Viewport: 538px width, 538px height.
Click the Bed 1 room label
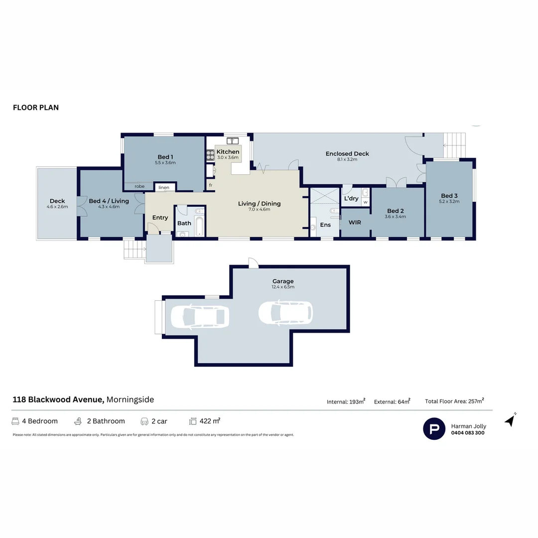(165, 157)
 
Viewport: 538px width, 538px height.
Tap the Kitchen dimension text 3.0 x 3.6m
(228, 157)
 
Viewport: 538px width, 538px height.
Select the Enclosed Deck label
(347, 153)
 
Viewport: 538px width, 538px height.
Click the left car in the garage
(200, 316)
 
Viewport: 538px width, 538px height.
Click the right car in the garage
(285, 312)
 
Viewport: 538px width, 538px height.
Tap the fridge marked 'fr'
(211, 185)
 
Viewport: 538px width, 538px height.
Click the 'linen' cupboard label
(164, 188)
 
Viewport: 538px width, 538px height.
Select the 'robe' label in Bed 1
(139, 186)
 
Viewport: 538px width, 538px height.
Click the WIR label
(355, 222)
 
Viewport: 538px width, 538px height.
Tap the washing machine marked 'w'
(365, 202)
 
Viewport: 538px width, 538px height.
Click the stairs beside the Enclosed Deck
(454, 145)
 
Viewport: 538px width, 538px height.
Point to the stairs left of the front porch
(133, 249)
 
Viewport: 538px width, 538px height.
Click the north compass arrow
(510, 420)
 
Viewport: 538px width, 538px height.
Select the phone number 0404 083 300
(467, 433)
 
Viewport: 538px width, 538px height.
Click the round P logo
(434, 428)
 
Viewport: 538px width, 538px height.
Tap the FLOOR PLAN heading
(36, 108)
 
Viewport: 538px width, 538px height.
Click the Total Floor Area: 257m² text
(454, 401)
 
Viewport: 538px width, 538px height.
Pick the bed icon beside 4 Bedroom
(15, 421)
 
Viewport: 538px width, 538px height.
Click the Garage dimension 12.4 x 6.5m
(283, 287)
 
